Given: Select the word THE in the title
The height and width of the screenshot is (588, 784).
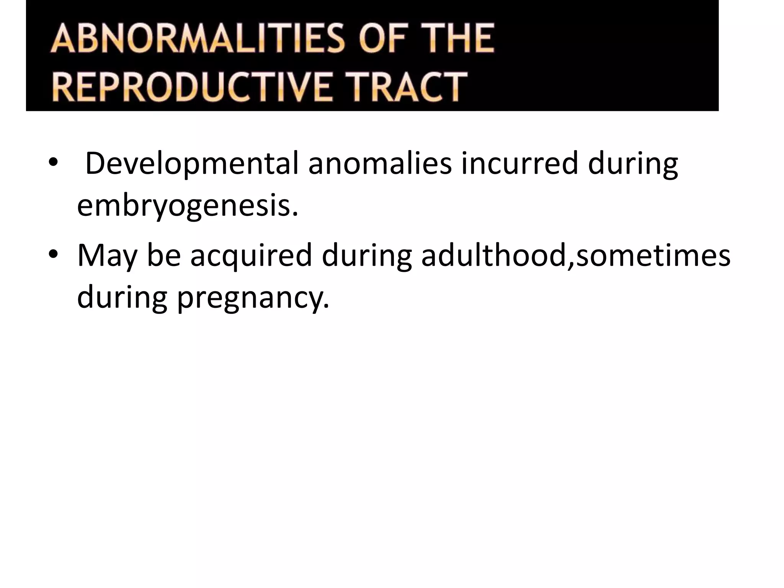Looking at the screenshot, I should pos(458,39).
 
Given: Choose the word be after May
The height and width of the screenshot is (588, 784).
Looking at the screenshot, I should pos(164,255).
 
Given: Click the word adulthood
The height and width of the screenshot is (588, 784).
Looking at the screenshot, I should pos(494,255).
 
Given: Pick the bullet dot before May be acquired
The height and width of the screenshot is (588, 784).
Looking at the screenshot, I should pos(53,255).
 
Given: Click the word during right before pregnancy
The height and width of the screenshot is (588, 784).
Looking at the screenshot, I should pos(122,298).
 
